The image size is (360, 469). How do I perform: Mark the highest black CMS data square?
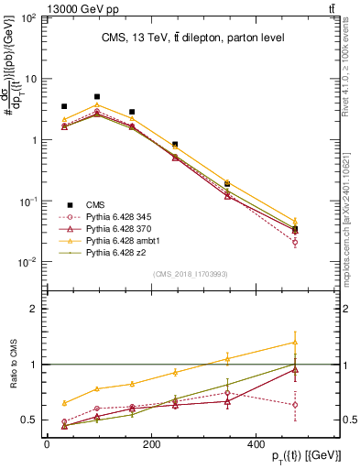[97, 96]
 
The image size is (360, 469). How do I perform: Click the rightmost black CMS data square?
[320, 230]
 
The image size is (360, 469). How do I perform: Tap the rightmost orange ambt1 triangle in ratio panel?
[320, 343]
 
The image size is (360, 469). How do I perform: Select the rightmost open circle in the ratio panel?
[320, 405]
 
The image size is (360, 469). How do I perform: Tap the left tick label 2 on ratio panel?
[36, 309]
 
